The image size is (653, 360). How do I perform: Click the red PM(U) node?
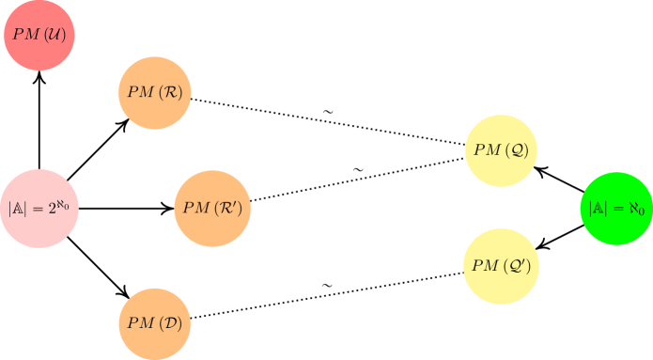coord(39,36)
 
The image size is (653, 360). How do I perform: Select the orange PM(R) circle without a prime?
coord(155,92)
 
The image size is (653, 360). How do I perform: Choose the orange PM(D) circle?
coord(155,322)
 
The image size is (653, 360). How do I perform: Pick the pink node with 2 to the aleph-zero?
coord(39,208)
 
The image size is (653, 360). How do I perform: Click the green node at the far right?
coord(615,208)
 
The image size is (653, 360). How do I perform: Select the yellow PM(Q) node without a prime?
coord(505,149)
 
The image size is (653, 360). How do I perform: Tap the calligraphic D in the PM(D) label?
coord(173,323)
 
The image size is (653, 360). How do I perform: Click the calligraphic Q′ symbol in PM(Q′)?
coord(521,266)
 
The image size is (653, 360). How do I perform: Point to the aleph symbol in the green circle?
coord(634,208)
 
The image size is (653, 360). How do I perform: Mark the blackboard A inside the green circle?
coord(599,208)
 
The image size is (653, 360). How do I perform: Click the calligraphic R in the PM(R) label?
coord(173,92)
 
